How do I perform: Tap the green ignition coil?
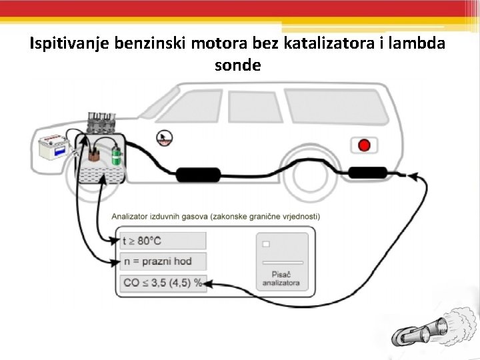pyautogui.click(x=117, y=157)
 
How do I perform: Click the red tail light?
pyautogui.click(x=364, y=145)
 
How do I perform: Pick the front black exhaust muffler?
pyautogui.click(x=198, y=175)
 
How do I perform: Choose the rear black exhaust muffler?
pyautogui.click(x=367, y=173)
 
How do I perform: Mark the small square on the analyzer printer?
pyautogui.click(x=265, y=245)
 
